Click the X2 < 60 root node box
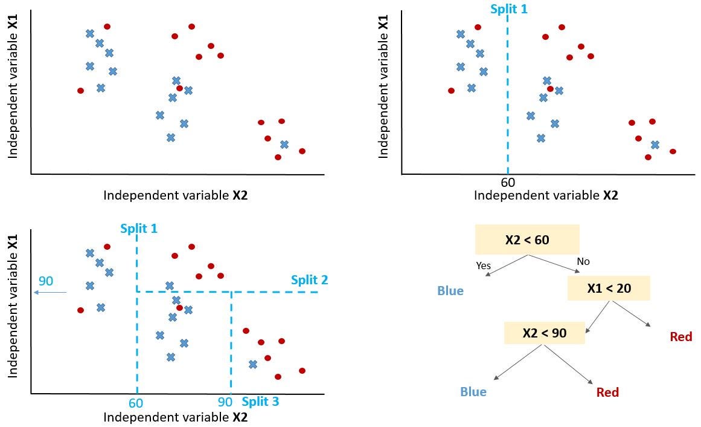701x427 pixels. tap(527, 240)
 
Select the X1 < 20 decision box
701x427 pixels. tap(608, 288)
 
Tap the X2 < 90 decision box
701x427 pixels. tap(544, 332)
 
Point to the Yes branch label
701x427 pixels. tap(483, 266)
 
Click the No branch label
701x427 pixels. tap(583, 262)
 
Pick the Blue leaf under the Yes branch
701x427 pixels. tap(450, 291)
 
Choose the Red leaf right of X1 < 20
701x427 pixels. tap(680, 337)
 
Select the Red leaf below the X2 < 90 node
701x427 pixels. tap(607, 393)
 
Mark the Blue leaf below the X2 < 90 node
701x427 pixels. tap(473, 392)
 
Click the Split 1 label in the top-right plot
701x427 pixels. tap(508, 10)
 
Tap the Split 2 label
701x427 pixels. tap(309, 280)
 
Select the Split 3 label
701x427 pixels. tap(260, 402)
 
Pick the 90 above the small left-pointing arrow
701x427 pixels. tap(46, 281)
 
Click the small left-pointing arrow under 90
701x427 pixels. tap(50, 293)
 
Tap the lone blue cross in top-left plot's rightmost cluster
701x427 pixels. tap(284, 145)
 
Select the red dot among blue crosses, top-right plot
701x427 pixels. tap(550, 89)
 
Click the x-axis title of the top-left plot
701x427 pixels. tap(175, 195)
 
